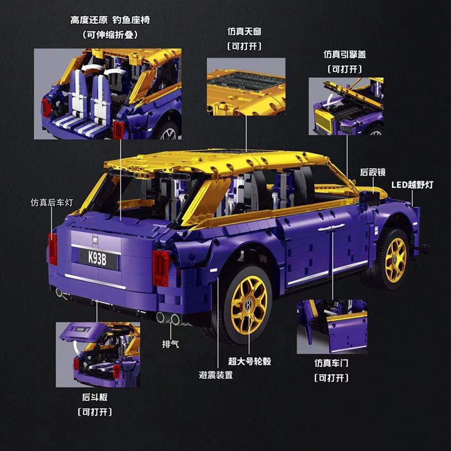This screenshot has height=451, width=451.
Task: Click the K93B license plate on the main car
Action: (x=95, y=259)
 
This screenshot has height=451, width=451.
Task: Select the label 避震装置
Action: (x=216, y=374)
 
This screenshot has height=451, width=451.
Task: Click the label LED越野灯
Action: (x=412, y=184)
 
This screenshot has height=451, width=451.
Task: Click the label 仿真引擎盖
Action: (x=345, y=54)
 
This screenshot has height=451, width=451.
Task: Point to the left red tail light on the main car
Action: (x=53, y=249)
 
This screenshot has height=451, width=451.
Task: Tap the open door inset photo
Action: (x=332, y=326)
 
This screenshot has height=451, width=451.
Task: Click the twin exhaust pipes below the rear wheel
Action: (x=167, y=319)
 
